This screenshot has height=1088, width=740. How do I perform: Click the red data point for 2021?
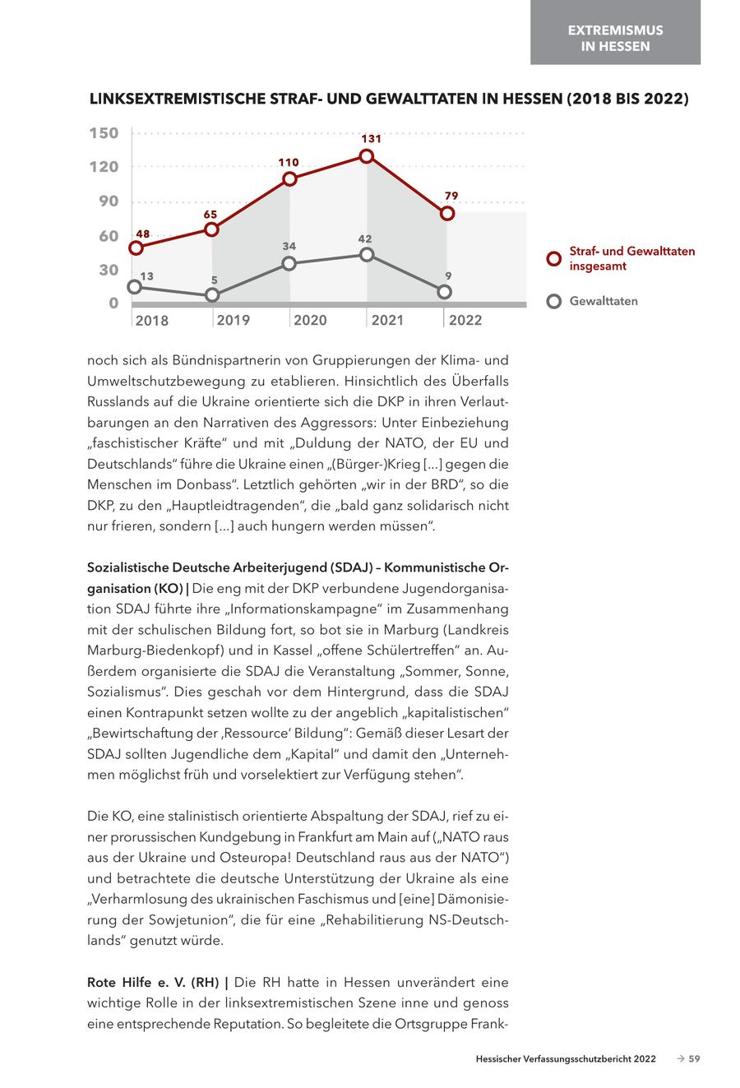tap(367, 156)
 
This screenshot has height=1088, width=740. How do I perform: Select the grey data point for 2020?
tap(289, 263)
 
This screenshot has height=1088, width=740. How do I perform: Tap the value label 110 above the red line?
tap(289, 163)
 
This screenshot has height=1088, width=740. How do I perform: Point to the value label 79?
tap(451, 196)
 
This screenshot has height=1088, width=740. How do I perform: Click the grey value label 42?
tap(365, 239)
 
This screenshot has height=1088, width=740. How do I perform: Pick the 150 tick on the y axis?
tap(104, 133)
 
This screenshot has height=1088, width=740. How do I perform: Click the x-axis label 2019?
tap(234, 320)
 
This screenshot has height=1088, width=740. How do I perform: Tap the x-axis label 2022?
tap(465, 320)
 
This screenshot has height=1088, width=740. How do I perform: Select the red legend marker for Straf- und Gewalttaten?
tap(554, 259)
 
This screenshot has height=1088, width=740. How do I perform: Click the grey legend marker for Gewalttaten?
tap(554, 301)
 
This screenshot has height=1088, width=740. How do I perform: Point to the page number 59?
tap(694, 1059)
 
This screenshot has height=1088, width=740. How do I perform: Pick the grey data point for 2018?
tap(135, 286)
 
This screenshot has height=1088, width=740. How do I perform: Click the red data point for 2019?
tap(211, 229)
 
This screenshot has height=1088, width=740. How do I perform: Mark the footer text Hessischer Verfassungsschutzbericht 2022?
tap(566, 1059)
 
